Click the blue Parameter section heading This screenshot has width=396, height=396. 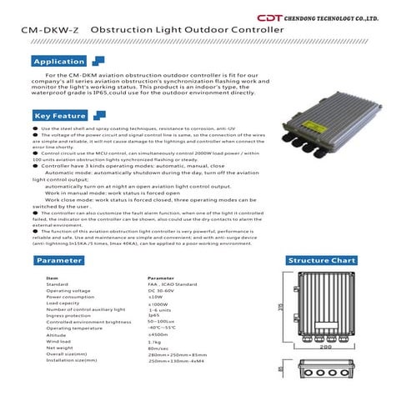[x=58, y=260]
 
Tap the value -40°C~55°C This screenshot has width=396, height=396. [x=163, y=328]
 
